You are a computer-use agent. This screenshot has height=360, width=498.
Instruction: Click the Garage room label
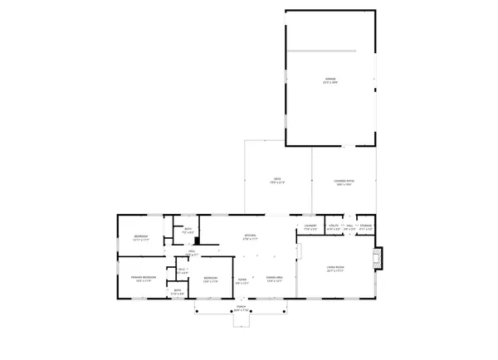(331, 81)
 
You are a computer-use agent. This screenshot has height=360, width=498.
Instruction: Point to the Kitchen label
(249, 236)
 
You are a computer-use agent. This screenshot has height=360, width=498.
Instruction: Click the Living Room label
(335, 268)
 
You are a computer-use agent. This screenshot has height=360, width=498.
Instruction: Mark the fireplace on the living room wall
(378, 259)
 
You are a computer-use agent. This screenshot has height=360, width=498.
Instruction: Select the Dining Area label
(275, 279)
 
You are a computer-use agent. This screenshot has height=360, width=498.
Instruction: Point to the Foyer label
(242, 279)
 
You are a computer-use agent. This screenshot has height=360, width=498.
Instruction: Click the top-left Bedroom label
(140, 239)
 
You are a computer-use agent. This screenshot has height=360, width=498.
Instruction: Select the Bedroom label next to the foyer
(211, 280)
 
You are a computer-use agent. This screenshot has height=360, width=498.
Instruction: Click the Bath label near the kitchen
(188, 231)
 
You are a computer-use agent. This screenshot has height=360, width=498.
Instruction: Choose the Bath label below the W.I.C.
(176, 292)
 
